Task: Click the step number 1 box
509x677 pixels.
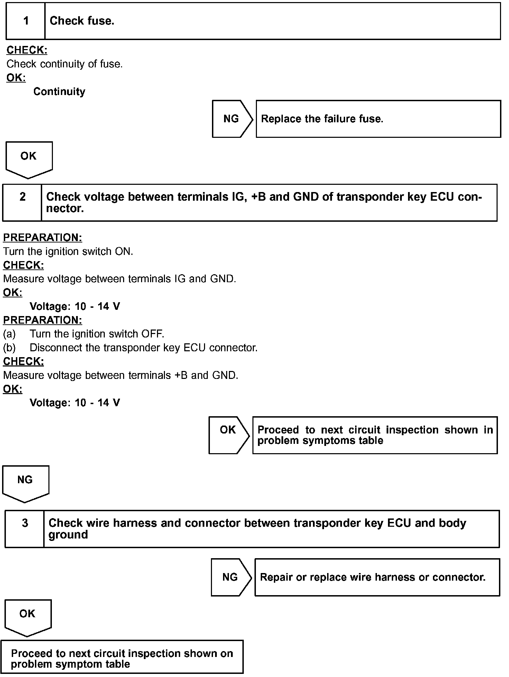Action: (x=26, y=21)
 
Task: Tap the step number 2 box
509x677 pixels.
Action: (x=22, y=202)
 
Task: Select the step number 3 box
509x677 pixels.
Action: (x=25, y=529)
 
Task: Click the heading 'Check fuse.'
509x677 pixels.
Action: (x=82, y=21)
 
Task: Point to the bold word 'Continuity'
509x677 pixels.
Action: (x=59, y=92)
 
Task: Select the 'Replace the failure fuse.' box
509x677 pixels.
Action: (x=378, y=119)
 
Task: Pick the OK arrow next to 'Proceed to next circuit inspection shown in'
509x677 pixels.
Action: (x=228, y=435)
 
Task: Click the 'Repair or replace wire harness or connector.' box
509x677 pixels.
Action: (x=377, y=577)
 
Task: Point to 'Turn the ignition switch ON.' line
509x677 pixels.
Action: (x=68, y=251)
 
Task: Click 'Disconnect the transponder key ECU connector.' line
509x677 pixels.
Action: (x=144, y=347)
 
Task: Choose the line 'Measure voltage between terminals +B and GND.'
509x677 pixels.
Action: (x=121, y=375)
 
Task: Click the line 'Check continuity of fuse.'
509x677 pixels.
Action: (x=65, y=64)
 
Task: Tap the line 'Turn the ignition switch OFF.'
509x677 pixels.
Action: (x=97, y=334)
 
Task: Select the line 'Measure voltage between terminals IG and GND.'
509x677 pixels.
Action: (x=120, y=279)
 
